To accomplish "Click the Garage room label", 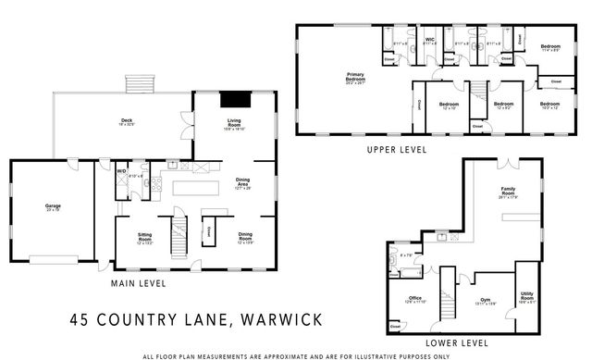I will pyautogui.click(x=53, y=208).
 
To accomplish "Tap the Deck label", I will pyautogui.click(x=127, y=122).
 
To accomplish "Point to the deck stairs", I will pyautogui.click(x=141, y=82).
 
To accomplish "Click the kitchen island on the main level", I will pyautogui.click(x=195, y=187).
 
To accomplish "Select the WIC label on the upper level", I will pyautogui.click(x=429, y=41).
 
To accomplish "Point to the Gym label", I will pyautogui.click(x=483, y=300).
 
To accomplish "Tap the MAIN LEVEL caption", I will pyautogui.click(x=138, y=283).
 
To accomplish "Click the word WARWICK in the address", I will pyautogui.click(x=280, y=320).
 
